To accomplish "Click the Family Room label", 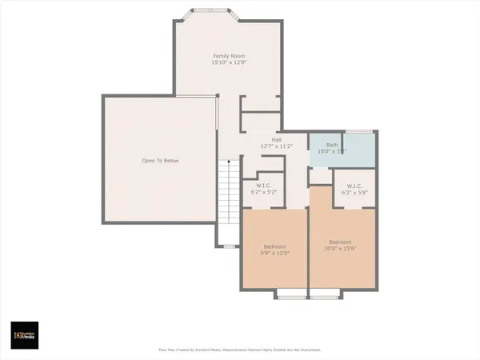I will tap(227, 55).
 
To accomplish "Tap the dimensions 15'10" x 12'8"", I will tap(227, 62).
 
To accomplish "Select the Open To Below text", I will tap(160, 161).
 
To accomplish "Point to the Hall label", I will tap(276, 139).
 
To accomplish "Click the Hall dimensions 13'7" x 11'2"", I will tap(276, 146).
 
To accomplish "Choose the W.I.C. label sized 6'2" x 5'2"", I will tap(264, 185).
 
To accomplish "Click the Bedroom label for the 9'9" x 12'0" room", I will tap(275, 246).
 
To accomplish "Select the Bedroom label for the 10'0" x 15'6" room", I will tap(340, 241).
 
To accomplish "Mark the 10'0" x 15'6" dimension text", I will tap(340, 248).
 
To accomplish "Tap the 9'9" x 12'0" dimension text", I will tap(275, 253).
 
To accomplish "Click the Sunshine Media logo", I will tap(24, 334).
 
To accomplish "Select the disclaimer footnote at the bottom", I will tap(240, 350).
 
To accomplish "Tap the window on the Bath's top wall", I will tap(358, 131).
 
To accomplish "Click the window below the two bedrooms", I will tap(308, 296).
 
